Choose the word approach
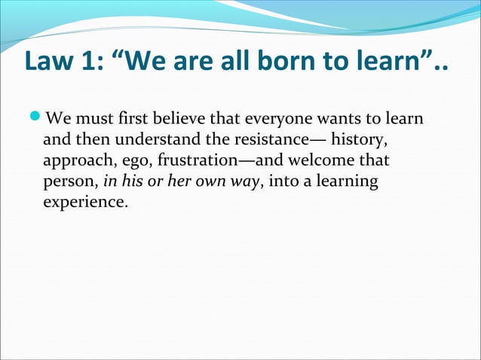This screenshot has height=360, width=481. [x=75, y=161]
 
